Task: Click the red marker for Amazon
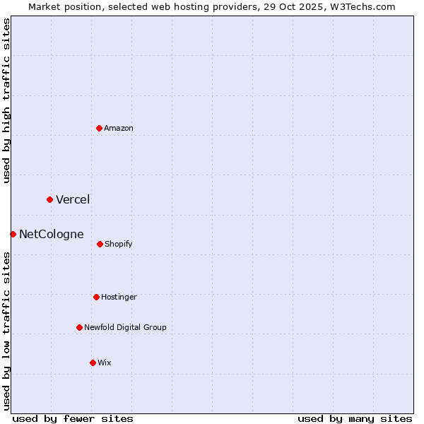click(x=99, y=128)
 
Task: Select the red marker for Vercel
click(x=49, y=199)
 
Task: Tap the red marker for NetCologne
click(x=13, y=234)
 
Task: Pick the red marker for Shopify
click(x=100, y=244)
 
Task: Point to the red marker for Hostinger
click(x=96, y=297)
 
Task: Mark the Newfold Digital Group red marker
click(x=79, y=327)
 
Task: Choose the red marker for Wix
click(x=93, y=363)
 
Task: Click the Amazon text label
click(x=119, y=128)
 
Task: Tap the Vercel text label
click(x=73, y=199)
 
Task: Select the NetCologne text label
click(x=52, y=234)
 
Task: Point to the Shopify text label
click(x=119, y=244)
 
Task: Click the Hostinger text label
click(x=119, y=297)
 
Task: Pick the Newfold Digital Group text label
click(x=126, y=327)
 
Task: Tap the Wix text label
click(x=105, y=363)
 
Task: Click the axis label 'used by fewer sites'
click(x=73, y=418)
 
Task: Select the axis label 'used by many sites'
click(x=355, y=418)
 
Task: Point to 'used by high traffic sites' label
click(x=6, y=100)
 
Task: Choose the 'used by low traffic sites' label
click(x=6, y=330)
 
